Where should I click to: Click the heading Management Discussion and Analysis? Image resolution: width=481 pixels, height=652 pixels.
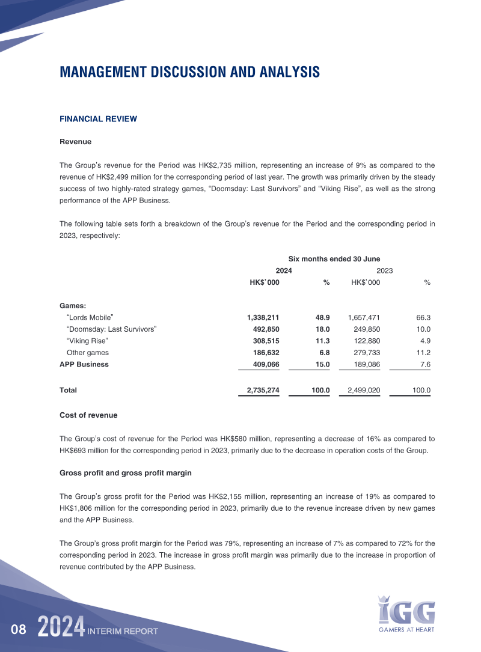pyautogui.click(x=189, y=72)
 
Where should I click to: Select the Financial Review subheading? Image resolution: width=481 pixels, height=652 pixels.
pyautogui.click(x=98, y=119)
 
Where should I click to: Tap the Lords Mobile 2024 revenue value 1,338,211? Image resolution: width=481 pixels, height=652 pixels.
pyautogui.click(x=263, y=317)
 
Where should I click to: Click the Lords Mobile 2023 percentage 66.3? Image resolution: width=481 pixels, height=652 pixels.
pyautogui.click(x=423, y=317)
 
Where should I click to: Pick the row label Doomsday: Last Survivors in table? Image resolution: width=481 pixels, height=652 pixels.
pyautogui.click(x=111, y=329)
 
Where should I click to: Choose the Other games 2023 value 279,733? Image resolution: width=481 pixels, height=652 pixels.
pyautogui.click(x=364, y=353)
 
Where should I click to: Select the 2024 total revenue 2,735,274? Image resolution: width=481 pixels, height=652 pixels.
pyautogui.click(x=263, y=390)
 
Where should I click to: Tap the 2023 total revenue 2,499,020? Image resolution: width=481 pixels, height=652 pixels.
pyautogui.click(x=364, y=390)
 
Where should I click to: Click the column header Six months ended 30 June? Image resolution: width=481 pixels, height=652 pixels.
pyautogui.click(x=334, y=259)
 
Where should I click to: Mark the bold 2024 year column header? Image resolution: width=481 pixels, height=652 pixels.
pyautogui.click(x=284, y=271)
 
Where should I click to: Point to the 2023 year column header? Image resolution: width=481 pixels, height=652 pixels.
pyautogui.click(x=384, y=271)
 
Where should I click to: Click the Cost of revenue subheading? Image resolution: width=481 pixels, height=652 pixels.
pyautogui.click(x=88, y=415)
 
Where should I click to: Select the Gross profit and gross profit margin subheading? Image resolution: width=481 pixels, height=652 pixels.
pyautogui.click(x=126, y=473)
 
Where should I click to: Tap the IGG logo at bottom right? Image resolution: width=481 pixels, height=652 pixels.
pyautogui.click(x=406, y=613)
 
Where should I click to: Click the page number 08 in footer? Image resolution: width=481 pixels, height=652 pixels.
pyautogui.click(x=19, y=630)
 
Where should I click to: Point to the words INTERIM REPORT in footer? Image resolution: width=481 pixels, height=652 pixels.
pyautogui.click(x=123, y=631)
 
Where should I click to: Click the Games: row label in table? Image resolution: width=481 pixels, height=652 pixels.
pyautogui.click(x=73, y=305)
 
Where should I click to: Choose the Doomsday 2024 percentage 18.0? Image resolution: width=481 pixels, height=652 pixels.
pyautogui.click(x=321, y=329)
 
